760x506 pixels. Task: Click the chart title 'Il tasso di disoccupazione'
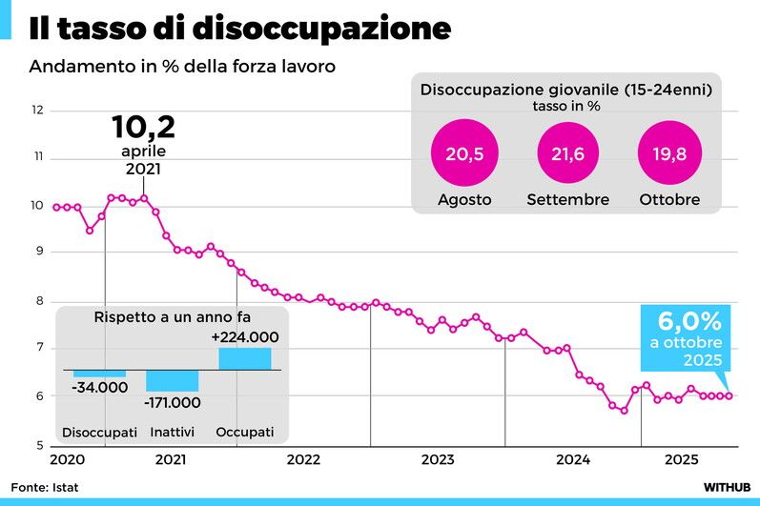click(x=239, y=28)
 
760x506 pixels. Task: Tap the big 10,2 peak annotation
click(x=143, y=128)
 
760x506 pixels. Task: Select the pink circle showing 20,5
click(x=464, y=154)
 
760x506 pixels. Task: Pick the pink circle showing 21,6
click(x=567, y=154)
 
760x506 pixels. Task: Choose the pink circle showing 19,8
click(x=669, y=154)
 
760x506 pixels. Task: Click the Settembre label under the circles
click(x=567, y=200)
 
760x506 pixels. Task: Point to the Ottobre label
click(x=669, y=200)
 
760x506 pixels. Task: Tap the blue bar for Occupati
click(x=245, y=358)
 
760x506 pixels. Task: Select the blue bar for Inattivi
click(x=173, y=380)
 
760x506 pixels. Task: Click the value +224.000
click(x=245, y=337)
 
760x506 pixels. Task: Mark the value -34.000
click(x=100, y=387)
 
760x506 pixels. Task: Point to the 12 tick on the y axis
click(x=38, y=111)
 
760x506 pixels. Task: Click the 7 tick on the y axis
click(x=39, y=349)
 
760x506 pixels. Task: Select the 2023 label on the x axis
click(x=438, y=460)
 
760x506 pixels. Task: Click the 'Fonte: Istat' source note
click(x=46, y=487)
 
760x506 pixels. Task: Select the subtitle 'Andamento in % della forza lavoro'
click(x=182, y=68)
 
